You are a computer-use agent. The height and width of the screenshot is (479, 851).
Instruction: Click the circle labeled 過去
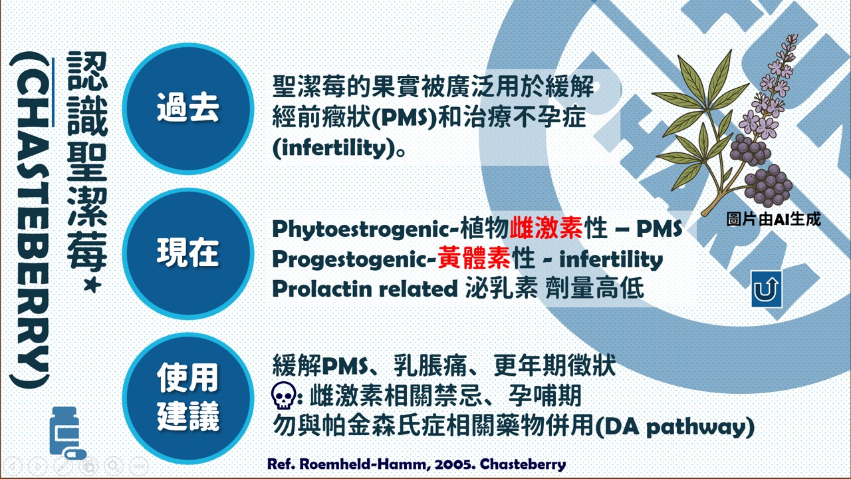188,108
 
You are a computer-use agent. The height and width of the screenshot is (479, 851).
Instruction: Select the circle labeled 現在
188,253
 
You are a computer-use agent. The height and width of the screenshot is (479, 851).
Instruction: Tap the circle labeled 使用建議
188,398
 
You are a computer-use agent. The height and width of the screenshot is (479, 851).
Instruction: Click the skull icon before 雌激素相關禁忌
284,397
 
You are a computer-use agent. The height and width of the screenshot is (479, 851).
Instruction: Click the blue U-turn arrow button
767,289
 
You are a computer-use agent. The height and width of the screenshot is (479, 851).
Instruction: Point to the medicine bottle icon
66,432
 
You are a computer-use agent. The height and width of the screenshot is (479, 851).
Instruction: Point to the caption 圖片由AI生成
773,220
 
